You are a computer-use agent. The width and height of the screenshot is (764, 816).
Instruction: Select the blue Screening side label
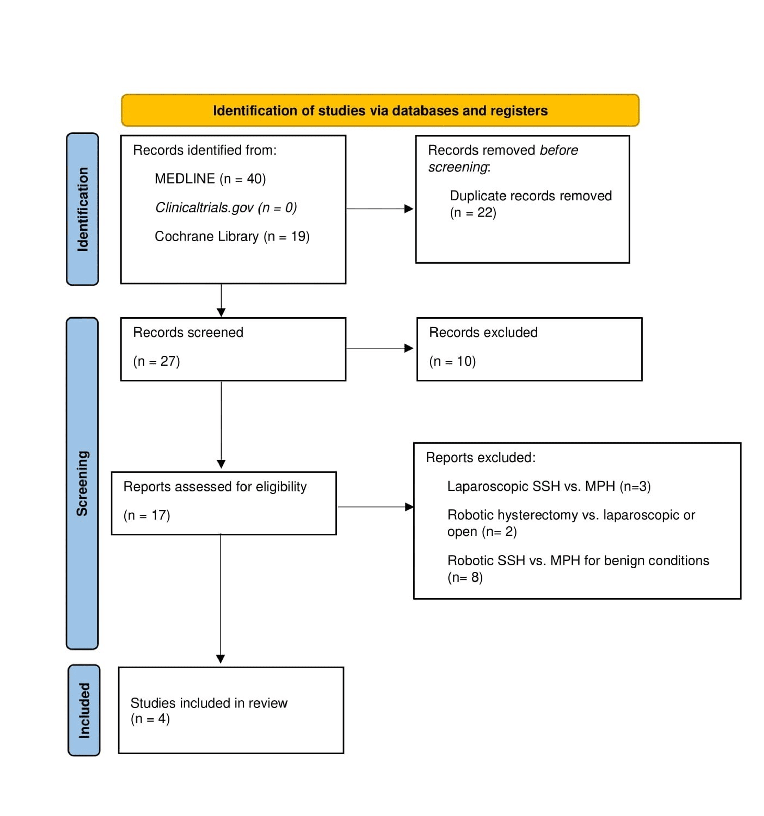tap(82, 483)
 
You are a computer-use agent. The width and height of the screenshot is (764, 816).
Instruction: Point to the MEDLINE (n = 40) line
tap(210, 178)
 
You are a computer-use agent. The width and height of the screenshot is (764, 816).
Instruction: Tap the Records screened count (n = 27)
tap(156, 361)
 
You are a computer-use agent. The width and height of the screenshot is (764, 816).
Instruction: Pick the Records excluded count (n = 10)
tap(452, 361)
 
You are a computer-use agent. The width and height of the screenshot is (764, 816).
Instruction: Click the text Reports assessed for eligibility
tap(215, 486)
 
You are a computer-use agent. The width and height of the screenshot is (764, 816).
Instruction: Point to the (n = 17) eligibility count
tap(146, 515)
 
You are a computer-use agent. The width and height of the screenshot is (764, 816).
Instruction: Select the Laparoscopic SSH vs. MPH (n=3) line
tap(549, 486)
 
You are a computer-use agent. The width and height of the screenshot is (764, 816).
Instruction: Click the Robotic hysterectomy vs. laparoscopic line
tap(571, 515)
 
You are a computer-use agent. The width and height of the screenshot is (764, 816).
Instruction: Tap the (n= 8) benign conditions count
tap(465, 577)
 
